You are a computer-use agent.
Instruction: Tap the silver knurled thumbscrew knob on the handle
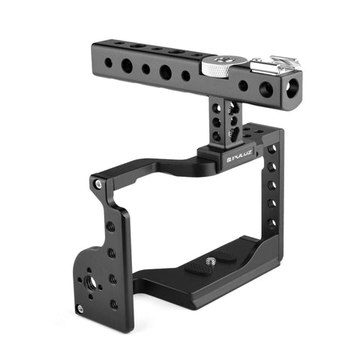click(215, 66)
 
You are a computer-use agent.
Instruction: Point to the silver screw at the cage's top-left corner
click(97, 182)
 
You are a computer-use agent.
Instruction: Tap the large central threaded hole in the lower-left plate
click(97, 286)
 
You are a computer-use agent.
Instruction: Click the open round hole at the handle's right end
click(265, 90)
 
